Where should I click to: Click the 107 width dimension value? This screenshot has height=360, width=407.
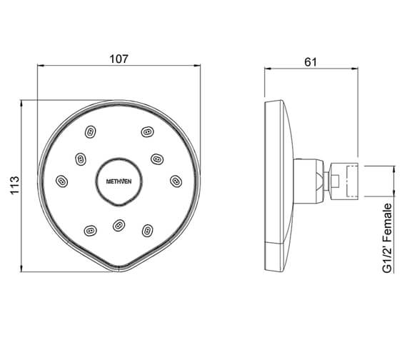[x=119, y=59]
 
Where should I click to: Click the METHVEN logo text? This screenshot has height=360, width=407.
[x=118, y=180]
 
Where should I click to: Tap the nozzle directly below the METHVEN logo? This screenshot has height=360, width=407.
[x=119, y=226]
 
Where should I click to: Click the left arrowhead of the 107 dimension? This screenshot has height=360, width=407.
[x=39, y=69]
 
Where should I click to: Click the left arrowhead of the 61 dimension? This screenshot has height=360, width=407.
[x=268, y=69]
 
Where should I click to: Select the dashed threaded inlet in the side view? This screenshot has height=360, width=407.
[x=352, y=181]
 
